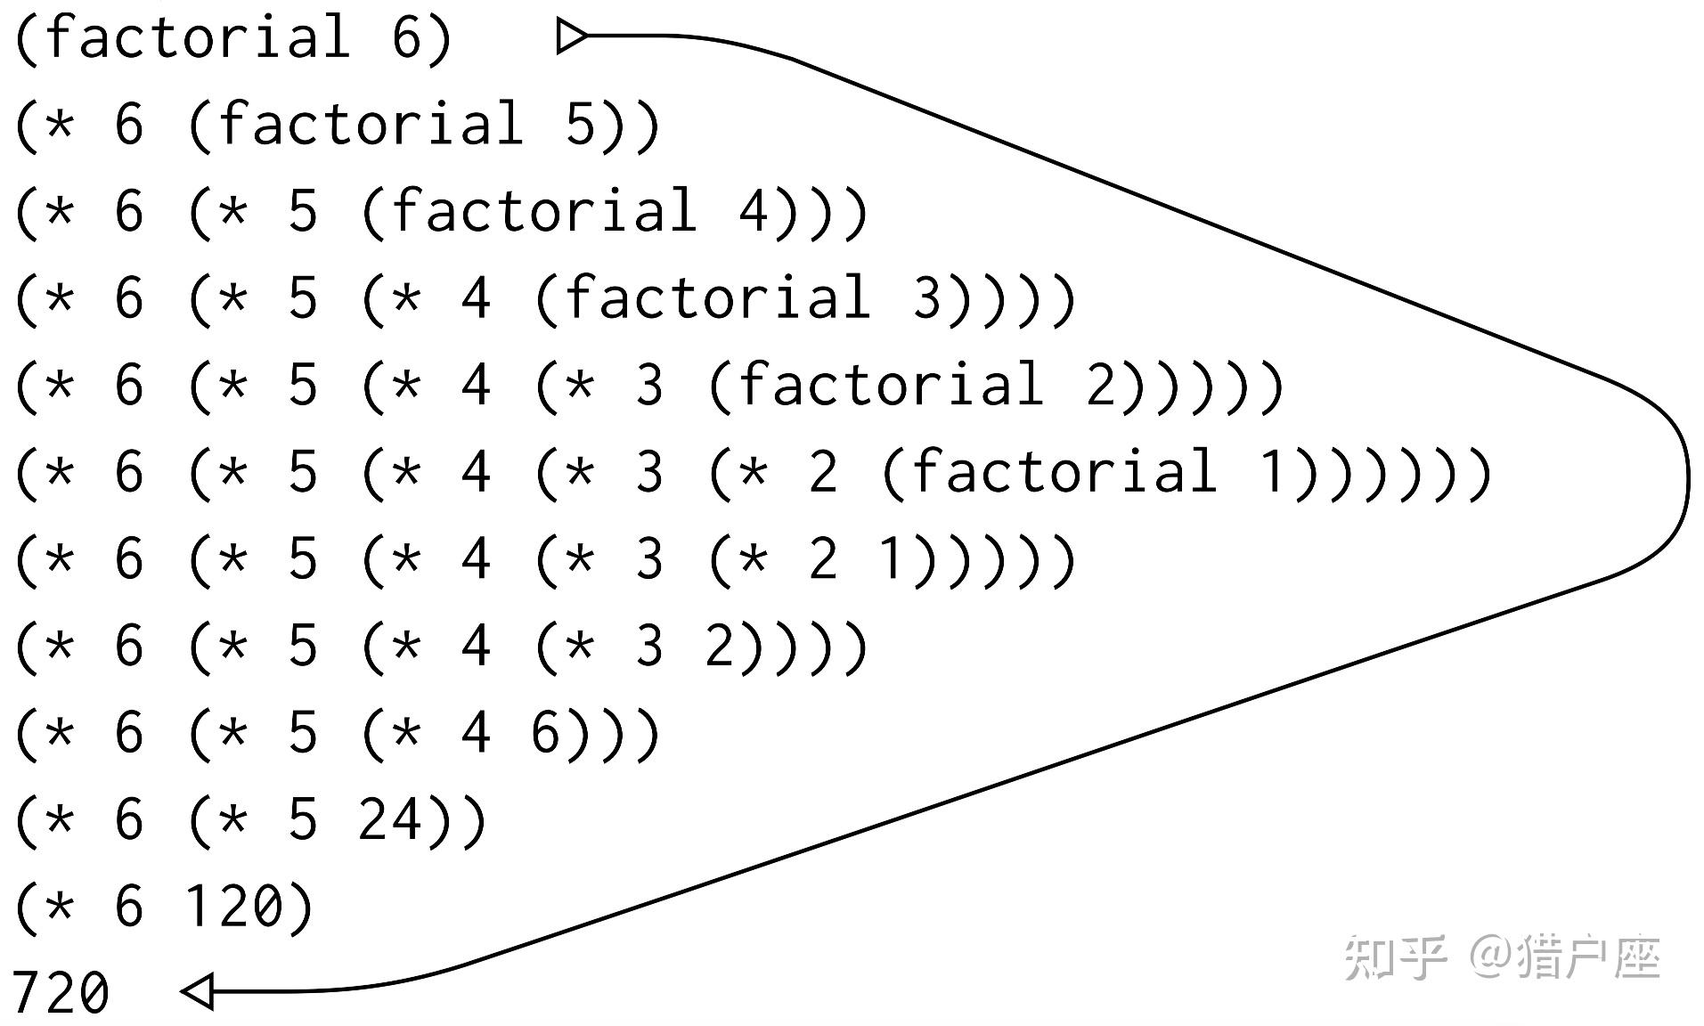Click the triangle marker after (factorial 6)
(x=572, y=37)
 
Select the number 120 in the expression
(x=235, y=907)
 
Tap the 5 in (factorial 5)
(x=581, y=124)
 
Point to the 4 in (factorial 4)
(x=754, y=211)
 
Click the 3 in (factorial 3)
(x=927, y=297)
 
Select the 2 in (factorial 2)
(x=1101, y=385)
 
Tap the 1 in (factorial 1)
(x=1274, y=472)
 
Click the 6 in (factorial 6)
(x=407, y=37)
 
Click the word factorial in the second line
(x=371, y=124)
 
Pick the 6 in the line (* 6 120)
(x=129, y=907)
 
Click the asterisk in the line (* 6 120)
(x=59, y=907)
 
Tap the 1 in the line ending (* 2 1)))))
(x=893, y=559)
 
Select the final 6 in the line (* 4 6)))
(x=546, y=733)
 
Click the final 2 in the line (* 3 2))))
(x=720, y=646)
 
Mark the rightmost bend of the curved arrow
(x=1686, y=481)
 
